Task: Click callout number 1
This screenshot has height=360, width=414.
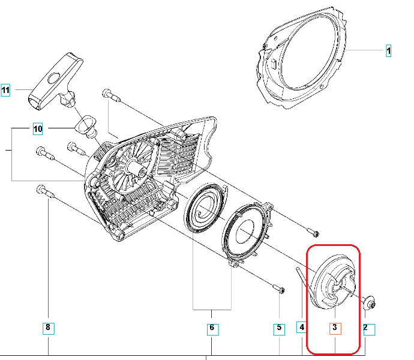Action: coord(388,51)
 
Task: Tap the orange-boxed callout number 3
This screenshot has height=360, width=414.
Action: coord(335,328)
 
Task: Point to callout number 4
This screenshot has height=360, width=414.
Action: coord(302,328)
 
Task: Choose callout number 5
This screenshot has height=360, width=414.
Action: coord(279,328)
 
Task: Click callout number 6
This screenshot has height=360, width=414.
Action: coord(211,328)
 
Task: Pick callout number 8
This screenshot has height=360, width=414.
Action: coord(48,328)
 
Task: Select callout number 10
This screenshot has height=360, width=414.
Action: coord(38,128)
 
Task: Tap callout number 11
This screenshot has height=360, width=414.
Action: coord(6,91)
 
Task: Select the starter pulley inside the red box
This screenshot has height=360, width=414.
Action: coord(333,282)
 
